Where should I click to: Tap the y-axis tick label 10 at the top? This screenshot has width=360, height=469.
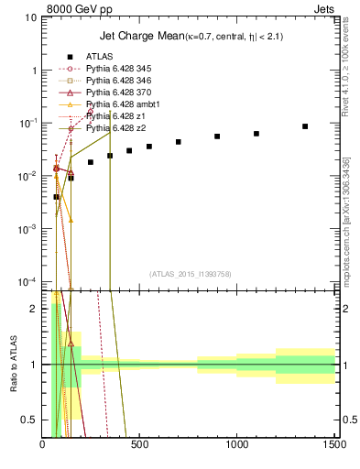(31, 17)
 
